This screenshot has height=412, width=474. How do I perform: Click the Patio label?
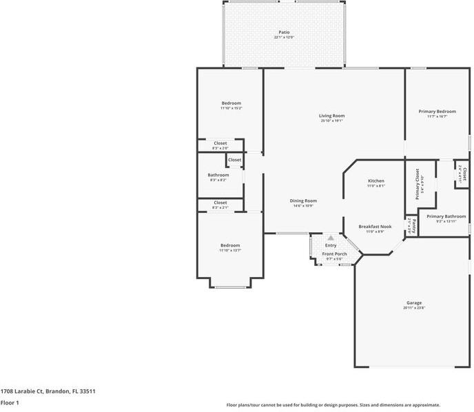pos(284,32)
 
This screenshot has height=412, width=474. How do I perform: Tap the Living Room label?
pos(331,116)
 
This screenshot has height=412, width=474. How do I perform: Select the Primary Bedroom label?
pos(437,112)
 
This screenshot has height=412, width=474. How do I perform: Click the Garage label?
pos(414,303)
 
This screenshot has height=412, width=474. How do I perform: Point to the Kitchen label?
pos(375,181)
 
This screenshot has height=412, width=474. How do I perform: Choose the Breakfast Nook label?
pos(375,227)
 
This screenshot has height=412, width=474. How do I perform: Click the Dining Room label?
pos(303,200)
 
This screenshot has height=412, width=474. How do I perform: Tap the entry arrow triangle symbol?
pos(331,238)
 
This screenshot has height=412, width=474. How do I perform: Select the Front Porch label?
pos(335,254)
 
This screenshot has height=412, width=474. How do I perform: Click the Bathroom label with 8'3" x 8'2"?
pos(218,175)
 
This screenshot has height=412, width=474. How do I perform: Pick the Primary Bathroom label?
pos(446,216)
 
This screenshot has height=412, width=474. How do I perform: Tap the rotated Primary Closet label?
pos(418,185)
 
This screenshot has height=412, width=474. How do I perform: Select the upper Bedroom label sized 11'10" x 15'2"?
pos(231,103)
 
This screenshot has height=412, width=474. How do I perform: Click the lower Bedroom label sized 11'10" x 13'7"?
pos(230,245)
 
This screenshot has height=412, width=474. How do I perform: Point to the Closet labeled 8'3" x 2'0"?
pos(220,143)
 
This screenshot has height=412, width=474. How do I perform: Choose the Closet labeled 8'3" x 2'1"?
pos(220,203)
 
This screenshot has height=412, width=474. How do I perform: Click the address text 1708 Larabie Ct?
pos(48,391)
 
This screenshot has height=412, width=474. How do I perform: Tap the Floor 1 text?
pos(10,402)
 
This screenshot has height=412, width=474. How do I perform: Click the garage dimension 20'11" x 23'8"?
pos(414,309)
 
